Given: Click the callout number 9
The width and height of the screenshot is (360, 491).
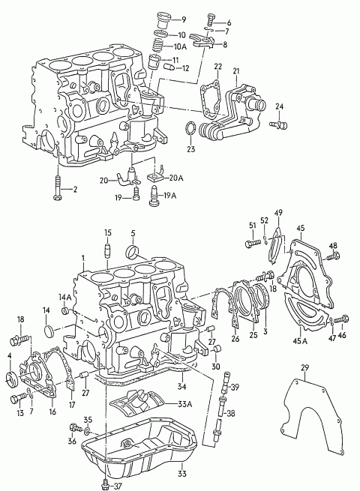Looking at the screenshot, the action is click(183, 20).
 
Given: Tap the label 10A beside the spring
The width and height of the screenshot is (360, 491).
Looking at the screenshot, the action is click(180, 47).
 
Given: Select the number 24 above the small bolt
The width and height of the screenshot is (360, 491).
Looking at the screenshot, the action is click(280, 106).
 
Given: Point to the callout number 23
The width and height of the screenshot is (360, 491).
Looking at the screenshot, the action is click(191, 149).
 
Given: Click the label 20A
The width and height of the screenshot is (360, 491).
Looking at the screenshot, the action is click(175, 178).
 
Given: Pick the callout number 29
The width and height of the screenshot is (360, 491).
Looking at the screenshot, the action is click(304, 367).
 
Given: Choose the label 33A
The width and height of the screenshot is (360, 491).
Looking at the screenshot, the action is click(184, 404).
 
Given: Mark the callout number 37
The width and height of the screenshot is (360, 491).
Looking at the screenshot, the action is click(117, 487).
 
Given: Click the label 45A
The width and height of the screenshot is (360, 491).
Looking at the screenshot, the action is click(301, 341).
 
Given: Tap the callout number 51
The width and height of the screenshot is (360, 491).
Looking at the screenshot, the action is click(252, 226).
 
